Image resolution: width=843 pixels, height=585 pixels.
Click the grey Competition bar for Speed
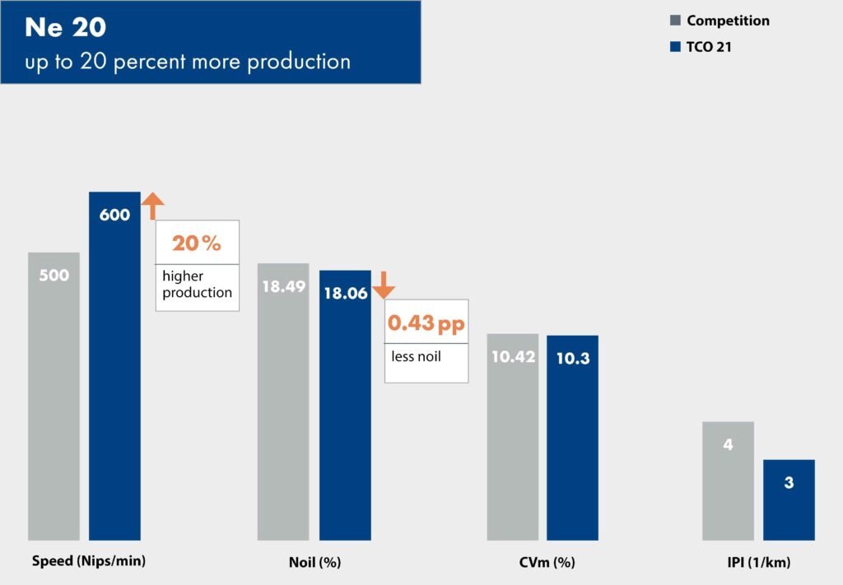(54, 395)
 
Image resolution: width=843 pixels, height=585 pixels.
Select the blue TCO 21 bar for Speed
(114, 366)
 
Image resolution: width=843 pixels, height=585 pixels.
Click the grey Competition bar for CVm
(512, 436)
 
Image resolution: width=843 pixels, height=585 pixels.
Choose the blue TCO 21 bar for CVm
(572, 437)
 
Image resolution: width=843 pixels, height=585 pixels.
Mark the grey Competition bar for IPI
(728, 481)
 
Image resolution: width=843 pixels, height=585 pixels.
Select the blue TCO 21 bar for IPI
(789, 499)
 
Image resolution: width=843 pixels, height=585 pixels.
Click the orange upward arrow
(153, 206)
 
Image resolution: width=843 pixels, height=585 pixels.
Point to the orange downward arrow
(384, 285)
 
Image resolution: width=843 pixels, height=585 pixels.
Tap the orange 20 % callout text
(197, 244)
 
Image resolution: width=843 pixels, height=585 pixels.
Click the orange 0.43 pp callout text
(426, 323)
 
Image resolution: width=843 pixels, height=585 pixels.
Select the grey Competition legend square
(675, 21)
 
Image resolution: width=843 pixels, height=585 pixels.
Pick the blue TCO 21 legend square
(675, 47)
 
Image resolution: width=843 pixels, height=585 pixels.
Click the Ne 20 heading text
(65, 27)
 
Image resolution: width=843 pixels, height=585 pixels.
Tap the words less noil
(416, 356)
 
